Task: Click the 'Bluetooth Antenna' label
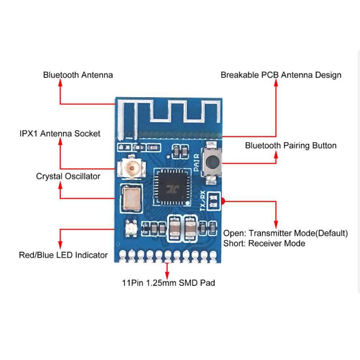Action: [78, 75]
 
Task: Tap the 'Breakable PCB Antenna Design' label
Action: [281, 75]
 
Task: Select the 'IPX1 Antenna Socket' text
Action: [60, 134]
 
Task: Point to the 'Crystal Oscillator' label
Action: [68, 177]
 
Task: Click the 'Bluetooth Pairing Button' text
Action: [291, 146]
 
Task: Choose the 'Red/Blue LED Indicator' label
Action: [63, 255]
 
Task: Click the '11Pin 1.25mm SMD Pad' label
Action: [168, 283]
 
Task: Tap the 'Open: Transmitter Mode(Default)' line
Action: [286, 233]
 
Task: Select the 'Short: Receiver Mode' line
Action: [264, 243]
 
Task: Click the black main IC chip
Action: [171, 187]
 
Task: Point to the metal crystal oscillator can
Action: [131, 198]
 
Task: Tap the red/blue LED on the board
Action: [130, 228]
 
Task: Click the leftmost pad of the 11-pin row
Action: [123, 254]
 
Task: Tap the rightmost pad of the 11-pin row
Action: [213, 254]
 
